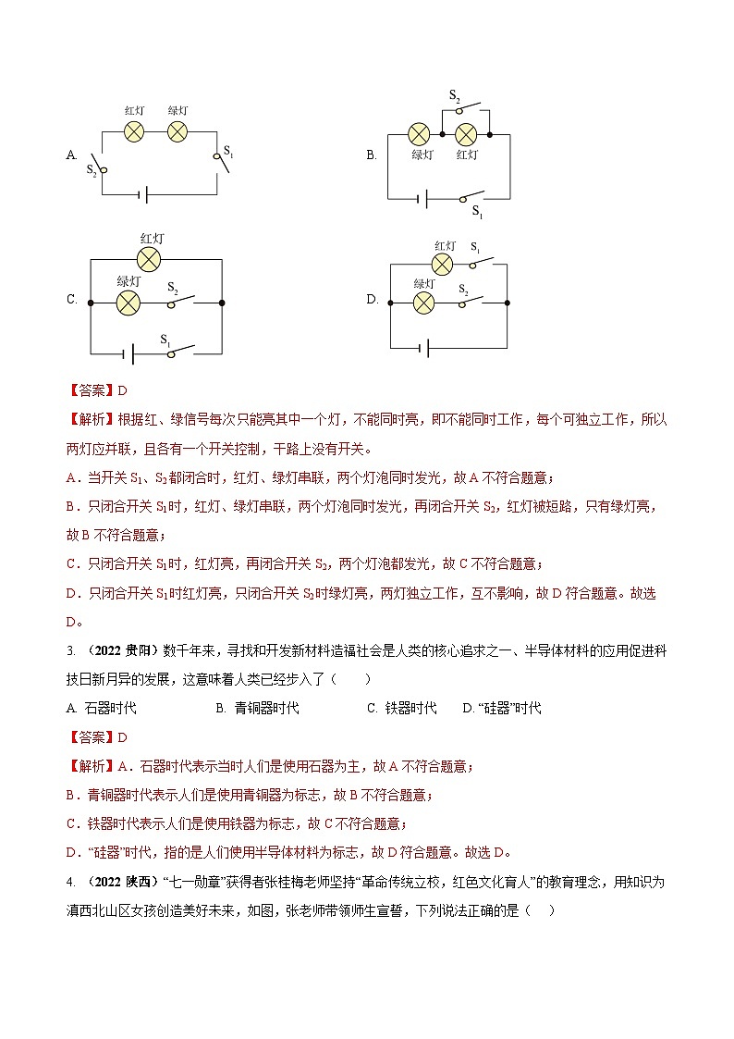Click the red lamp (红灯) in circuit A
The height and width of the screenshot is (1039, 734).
point(134,131)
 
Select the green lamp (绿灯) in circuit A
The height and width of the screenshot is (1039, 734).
point(177,131)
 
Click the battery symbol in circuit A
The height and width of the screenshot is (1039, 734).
point(142,194)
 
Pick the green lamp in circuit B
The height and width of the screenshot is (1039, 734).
point(420,134)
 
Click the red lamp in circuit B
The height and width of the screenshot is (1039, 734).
point(466,134)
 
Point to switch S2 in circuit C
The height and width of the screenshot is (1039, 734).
point(180,302)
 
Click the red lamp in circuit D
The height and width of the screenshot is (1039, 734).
point(443,265)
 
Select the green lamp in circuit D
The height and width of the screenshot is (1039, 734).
point(423,303)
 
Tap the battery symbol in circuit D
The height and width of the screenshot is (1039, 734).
point(424,348)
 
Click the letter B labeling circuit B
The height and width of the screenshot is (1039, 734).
point(371,155)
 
